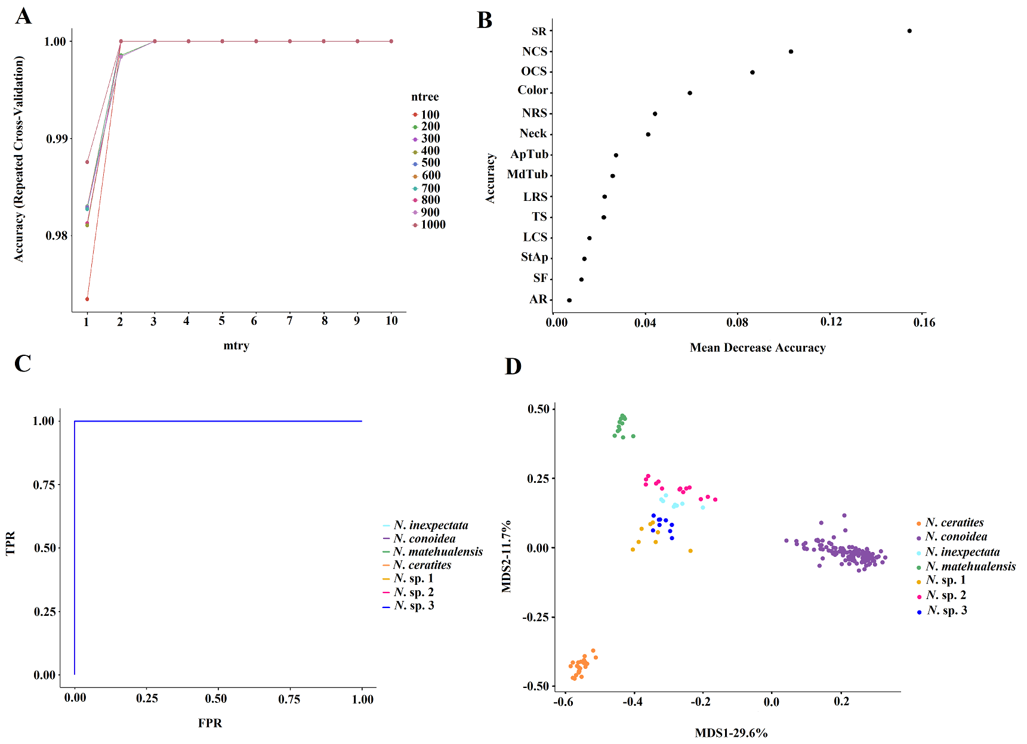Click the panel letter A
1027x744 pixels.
(23, 16)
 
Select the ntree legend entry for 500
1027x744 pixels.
(430, 163)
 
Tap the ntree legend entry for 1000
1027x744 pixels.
(433, 225)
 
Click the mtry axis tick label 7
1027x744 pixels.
(289, 321)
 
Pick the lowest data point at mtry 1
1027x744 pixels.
(87, 299)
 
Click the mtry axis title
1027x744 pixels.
(236, 346)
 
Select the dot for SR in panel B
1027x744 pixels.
(909, 31)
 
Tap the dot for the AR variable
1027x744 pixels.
(569, 300)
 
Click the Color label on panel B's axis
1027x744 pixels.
(532, 91)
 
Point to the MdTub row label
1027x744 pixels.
(527, 175)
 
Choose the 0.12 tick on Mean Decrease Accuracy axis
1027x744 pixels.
(831, 323)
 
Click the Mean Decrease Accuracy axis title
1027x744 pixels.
(757, 348)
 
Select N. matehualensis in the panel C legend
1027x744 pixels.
(437, 552)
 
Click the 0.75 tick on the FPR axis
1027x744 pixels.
(289, 699)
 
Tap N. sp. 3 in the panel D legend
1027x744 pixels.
(946, 610)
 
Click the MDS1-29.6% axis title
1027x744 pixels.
(731, 733)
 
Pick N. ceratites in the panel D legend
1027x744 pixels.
(954, 523)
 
